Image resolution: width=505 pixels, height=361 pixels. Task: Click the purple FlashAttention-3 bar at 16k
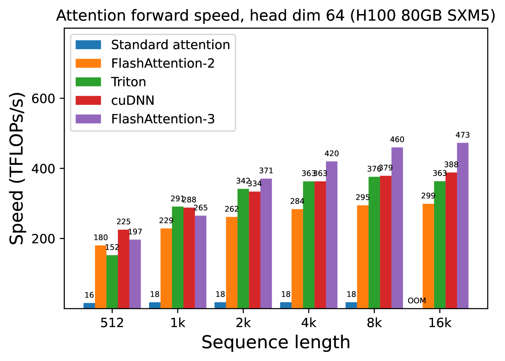tap(462, 225)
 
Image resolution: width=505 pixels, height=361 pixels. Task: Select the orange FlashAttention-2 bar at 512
tap(101, 277)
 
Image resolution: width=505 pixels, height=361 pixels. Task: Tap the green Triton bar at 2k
tap(243, 248)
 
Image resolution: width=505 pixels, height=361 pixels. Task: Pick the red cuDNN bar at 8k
tap(386, 242)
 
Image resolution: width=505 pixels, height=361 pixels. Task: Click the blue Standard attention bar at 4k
tap(286, 305)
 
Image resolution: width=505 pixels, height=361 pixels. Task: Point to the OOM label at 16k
tap(417, 301)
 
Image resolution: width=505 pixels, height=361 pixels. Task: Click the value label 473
tap(462, 135)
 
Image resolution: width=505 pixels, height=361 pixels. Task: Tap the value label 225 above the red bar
tap(123, 222)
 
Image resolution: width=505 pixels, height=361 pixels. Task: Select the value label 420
tap(332, 153)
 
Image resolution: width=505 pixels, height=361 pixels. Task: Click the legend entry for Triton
tap(129, 82)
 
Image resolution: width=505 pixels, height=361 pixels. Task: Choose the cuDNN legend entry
tap(133, 100)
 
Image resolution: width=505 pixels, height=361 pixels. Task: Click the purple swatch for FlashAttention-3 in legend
tap(88, 119)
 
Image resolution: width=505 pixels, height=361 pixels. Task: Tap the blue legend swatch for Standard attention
tap(88, 45)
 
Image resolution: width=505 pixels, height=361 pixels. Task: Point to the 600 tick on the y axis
tap(43, 98)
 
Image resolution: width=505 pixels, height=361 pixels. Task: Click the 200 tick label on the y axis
tap(43, 239)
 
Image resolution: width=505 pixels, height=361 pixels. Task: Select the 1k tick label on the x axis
tap(178, 323)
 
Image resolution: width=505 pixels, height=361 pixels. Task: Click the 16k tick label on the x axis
tap(440, 323)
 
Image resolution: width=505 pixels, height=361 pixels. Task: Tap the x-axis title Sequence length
tap(276, 342)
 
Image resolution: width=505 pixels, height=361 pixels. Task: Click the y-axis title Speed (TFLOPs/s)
tap(17, 168)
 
